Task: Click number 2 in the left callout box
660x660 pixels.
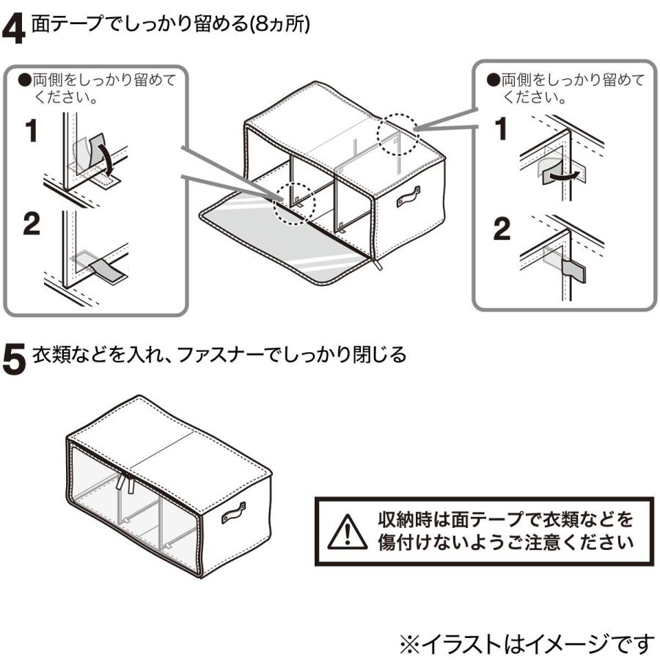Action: click(x=32, y=226)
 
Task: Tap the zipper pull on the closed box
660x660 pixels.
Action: click(x=128, y=483)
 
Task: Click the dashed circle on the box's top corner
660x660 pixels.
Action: click(x=397, y=132)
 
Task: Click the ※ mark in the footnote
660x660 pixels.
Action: click(x=409, y=644)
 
